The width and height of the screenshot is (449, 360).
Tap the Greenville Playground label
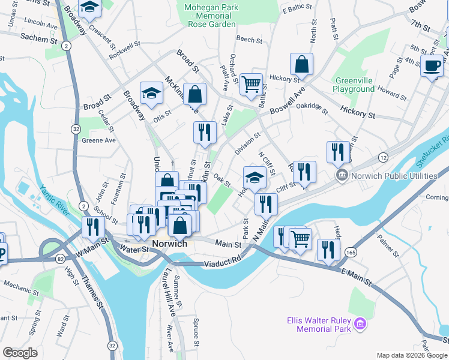(355, 85)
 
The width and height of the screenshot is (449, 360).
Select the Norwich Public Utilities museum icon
(341, 175)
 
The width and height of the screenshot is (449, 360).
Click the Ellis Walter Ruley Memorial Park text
(318, 325)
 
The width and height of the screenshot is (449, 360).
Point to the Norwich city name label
(170, 244)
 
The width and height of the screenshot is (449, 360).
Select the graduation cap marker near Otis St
(151, 93)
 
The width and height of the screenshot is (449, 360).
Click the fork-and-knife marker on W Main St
(93, 227)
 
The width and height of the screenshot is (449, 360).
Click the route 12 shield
(382, 157)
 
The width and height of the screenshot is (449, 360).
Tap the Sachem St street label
(34, 37)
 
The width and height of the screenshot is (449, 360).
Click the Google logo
(20, 353)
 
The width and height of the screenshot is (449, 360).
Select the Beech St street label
(247, 39)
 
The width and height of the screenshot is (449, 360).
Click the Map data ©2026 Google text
(411, 355)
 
